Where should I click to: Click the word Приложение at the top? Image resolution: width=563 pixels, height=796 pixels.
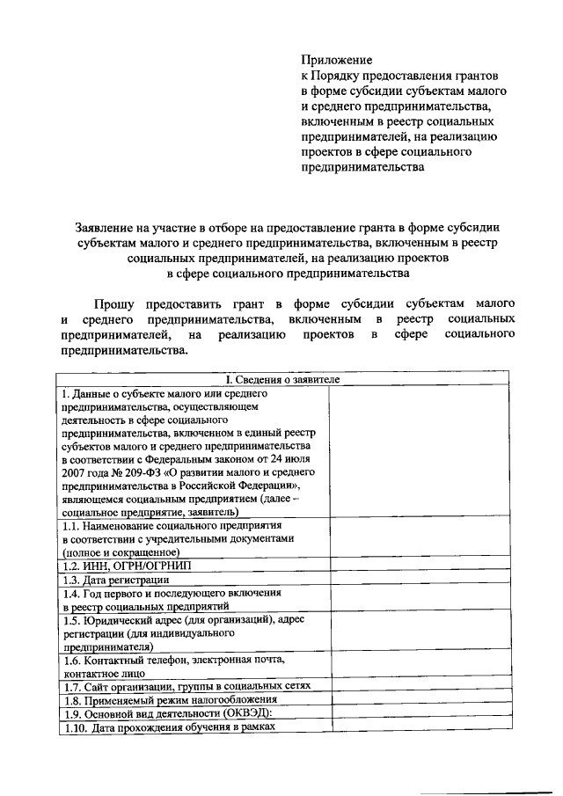click(337, 60)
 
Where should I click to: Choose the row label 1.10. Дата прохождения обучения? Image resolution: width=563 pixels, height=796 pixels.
click(167, 727)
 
